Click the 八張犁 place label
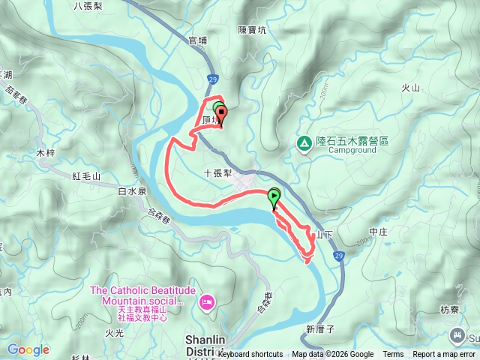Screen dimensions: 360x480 pyautogui.click(x=88, y=5)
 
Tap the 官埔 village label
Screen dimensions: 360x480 pyautogui.click(x=198, y=41)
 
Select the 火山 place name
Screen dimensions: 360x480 pyautogui.click(x=410, y=88)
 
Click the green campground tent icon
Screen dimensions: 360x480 pyautogui.click(x=304, y=142)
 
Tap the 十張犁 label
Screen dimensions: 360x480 pyautogui.click(x=219, y=172)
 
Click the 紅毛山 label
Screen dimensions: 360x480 pyautogui.click(x=86, y=176)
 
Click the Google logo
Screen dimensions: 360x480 pyautogui.click(x=28, y=349)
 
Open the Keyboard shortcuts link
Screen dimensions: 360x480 pyautogui.click(x=251, y=355)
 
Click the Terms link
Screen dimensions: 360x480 pyautogui.click(x=393, y=355)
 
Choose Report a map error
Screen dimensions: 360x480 pyautogui.click(x=444, y=355)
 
